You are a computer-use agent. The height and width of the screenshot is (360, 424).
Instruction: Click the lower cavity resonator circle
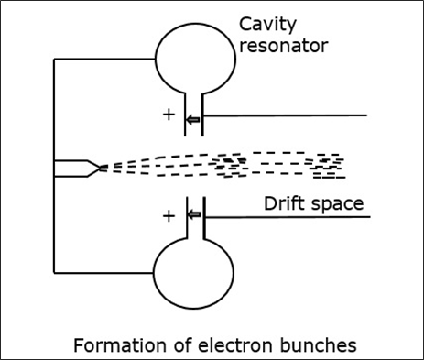click(193, 274)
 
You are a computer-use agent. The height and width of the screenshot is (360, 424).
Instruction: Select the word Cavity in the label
click(266, 25)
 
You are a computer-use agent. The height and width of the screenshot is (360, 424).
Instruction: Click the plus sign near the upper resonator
click(168, 116)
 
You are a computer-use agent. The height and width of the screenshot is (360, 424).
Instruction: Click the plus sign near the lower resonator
click(168, 216)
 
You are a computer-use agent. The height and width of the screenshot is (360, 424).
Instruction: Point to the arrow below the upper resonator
click(192, 120)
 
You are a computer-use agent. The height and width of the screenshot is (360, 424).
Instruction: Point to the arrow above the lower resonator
click(192, 216)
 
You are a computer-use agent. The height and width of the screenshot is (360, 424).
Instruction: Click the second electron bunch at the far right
click(327, 165)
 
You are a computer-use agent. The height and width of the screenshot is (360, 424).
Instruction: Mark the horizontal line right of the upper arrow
click(284, 115)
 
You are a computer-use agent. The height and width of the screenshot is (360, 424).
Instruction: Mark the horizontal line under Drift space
click(284, 217)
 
